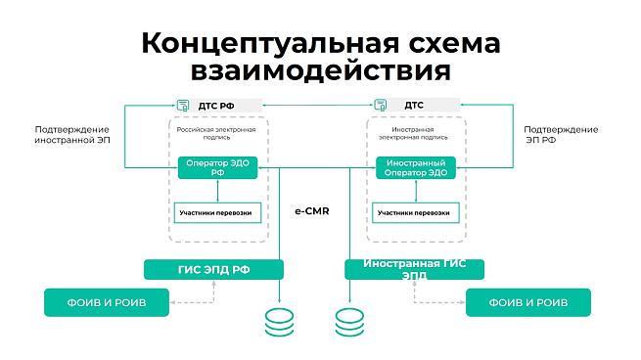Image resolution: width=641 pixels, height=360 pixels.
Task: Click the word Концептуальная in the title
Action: click(x=270, y=44)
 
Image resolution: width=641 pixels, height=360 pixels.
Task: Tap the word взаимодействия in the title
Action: click(x=321, y=70)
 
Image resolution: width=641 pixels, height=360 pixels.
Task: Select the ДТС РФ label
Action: click(x=216, y=106)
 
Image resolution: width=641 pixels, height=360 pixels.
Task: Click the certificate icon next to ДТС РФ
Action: click(x=183, y=106)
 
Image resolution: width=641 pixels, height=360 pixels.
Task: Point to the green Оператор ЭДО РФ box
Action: click(x=217, y=167)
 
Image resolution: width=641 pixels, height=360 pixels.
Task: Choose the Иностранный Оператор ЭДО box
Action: click(x=416, y=167)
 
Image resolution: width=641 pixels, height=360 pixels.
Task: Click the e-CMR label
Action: click(x=312, y=211)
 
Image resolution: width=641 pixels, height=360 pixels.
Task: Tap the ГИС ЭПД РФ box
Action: click(x=213, y=270)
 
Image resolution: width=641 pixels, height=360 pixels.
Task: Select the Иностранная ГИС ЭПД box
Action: click(x=415, y=270)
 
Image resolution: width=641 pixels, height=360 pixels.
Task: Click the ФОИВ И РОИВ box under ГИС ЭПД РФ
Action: click(x=107, y=302)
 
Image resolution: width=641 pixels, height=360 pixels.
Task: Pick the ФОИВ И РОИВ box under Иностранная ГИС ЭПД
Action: click(x=528, y=302)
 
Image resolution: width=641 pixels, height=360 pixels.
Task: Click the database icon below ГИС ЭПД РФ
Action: click(x=279, y=323)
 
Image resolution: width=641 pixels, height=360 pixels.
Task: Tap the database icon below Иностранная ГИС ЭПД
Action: click(x=349, y=323)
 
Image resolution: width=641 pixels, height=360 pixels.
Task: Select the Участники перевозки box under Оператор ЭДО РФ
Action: click(x=217, y=213)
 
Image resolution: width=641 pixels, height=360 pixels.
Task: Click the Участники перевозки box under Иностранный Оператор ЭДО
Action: click(x=416, y=213)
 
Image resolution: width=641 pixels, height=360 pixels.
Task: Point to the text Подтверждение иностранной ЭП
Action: click(x=72, y=134)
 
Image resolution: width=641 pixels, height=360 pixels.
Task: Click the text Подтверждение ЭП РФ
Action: click(x=561, y=134)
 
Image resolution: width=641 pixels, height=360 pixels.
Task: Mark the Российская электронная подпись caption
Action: click(x=216, y=133)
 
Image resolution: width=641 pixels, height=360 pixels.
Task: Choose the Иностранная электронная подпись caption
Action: click(x=413, y=133)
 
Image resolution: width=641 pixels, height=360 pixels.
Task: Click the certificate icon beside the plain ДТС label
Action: click(x=381, y=105)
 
